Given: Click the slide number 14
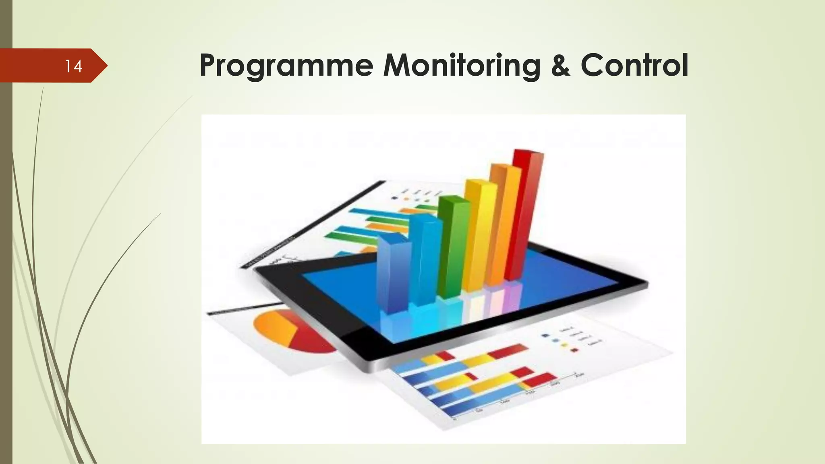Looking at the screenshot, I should [x=74, y=66].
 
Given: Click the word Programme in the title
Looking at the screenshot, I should [x=286, y=65].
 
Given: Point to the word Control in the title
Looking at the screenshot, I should [x=634, y=65].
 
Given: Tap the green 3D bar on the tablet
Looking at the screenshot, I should [x=452, y=250].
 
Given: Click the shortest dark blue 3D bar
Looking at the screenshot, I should [x=393, y=278].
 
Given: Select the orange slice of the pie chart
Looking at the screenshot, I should [x=276, y=326].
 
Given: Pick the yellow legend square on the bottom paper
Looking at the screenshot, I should [x=565, y=345].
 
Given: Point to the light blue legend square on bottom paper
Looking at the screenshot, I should [x=556, y=340].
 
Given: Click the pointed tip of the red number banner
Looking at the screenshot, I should [x=106, y=66].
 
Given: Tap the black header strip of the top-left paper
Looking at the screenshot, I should [x=314, y=224].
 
